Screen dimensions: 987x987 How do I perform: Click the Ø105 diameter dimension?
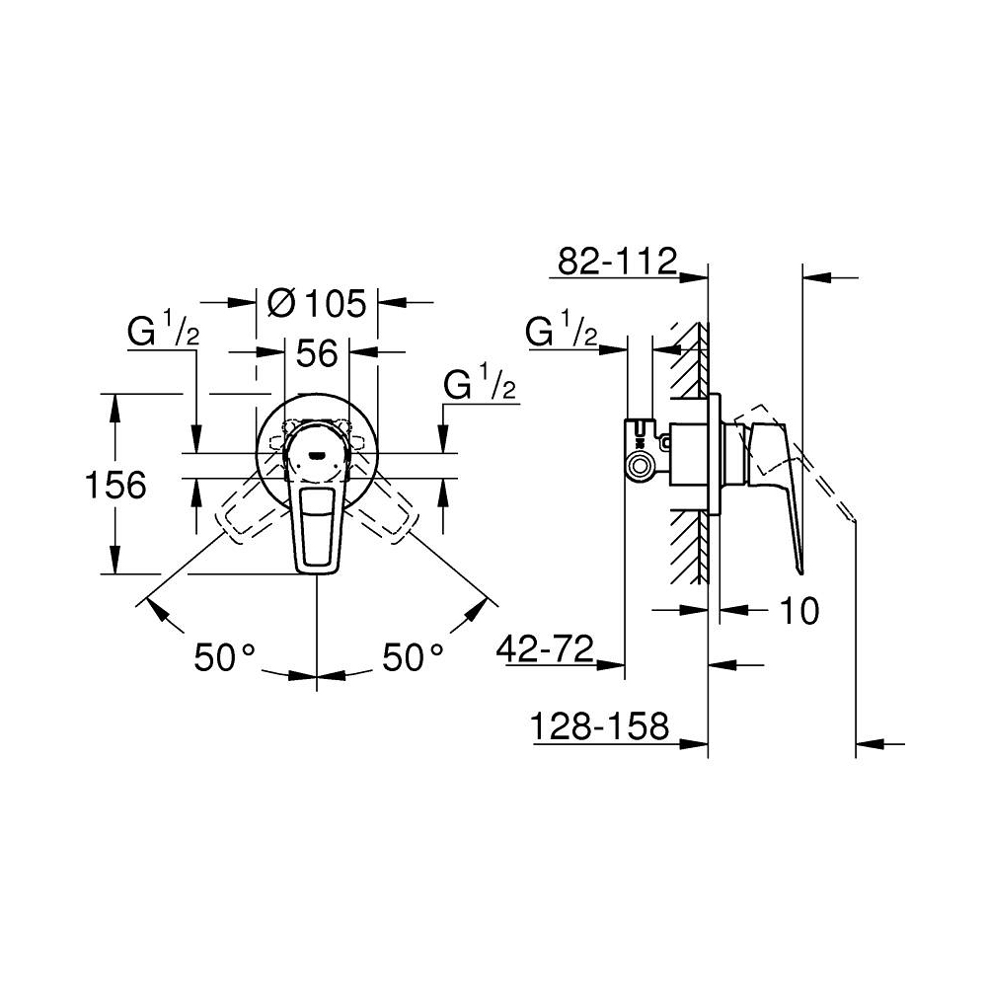[317, 302]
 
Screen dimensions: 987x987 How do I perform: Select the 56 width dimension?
[318, 352]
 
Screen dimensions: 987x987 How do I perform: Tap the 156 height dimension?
[114, 485]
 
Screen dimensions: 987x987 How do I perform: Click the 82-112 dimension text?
[616, 263]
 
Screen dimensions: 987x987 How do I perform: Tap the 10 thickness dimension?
[800, 611]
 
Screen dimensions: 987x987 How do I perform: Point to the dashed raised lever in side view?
[809, 464]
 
